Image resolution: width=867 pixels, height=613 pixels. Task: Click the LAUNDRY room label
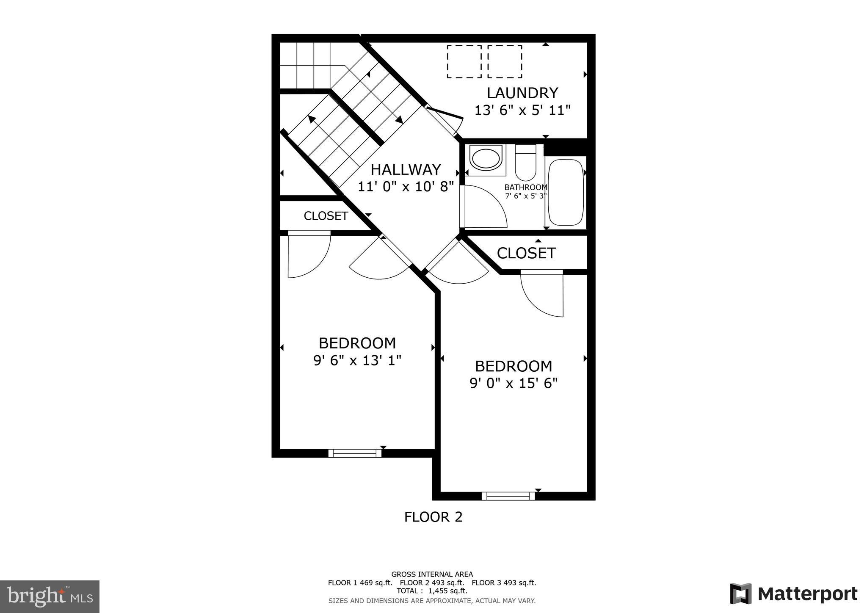(x=522, y=93)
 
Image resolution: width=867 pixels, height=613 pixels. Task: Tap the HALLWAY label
(x=406, y=170)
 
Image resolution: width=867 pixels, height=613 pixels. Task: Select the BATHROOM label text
(x=525, y=187)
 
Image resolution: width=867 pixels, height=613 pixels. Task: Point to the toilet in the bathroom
(x=525, y=163)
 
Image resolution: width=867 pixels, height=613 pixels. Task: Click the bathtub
(x=566, y=193)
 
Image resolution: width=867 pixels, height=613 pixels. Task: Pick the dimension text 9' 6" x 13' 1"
(x=357, y=361)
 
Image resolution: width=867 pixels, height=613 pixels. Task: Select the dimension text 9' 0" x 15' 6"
(x=514, y=384)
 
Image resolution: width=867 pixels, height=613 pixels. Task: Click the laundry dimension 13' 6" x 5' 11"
(x=522, y=111)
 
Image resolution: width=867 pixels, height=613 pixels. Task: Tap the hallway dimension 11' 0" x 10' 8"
(x=406, y=187)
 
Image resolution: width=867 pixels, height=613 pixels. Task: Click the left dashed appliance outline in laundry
(x=464, y=62)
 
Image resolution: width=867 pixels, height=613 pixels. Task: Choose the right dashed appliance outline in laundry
(x=505, y=62)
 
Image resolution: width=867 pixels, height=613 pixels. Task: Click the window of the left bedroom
(x=355, y=453)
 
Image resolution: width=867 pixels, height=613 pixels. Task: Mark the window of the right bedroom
(x=508, y=496)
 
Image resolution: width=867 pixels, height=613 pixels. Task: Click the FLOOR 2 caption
(x=433, y=517)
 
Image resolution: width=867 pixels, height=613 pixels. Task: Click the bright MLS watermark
(x=50, y=596)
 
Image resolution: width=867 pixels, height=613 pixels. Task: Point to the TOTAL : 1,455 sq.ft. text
(x=432, y=591)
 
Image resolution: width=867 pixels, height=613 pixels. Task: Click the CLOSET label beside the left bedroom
(x=326, y=216)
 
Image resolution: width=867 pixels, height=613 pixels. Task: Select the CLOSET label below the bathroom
(x=526, y=253)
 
